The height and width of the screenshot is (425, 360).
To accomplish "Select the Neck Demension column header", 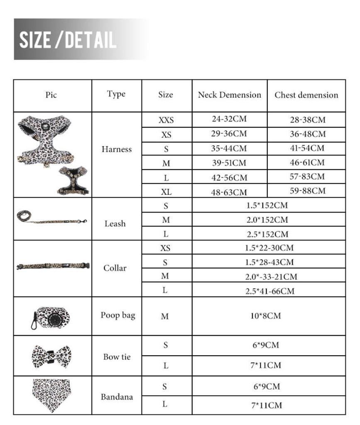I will (229, 95).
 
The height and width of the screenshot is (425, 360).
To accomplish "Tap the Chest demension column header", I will (306, 95).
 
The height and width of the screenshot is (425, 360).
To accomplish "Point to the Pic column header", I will (51, 95).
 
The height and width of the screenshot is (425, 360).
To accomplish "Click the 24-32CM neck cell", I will (229, 119).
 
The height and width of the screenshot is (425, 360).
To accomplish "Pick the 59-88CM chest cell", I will (307, 191).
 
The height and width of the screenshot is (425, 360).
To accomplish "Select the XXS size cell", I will (166, 120).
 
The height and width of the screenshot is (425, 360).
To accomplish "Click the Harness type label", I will (116, 149).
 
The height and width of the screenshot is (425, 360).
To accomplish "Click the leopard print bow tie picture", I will (51, 356).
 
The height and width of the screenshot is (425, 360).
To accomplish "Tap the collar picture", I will (53, 266).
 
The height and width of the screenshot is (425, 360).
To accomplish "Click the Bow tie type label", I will (117, 357).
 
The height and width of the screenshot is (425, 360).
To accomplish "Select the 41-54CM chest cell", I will (307, 148).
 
